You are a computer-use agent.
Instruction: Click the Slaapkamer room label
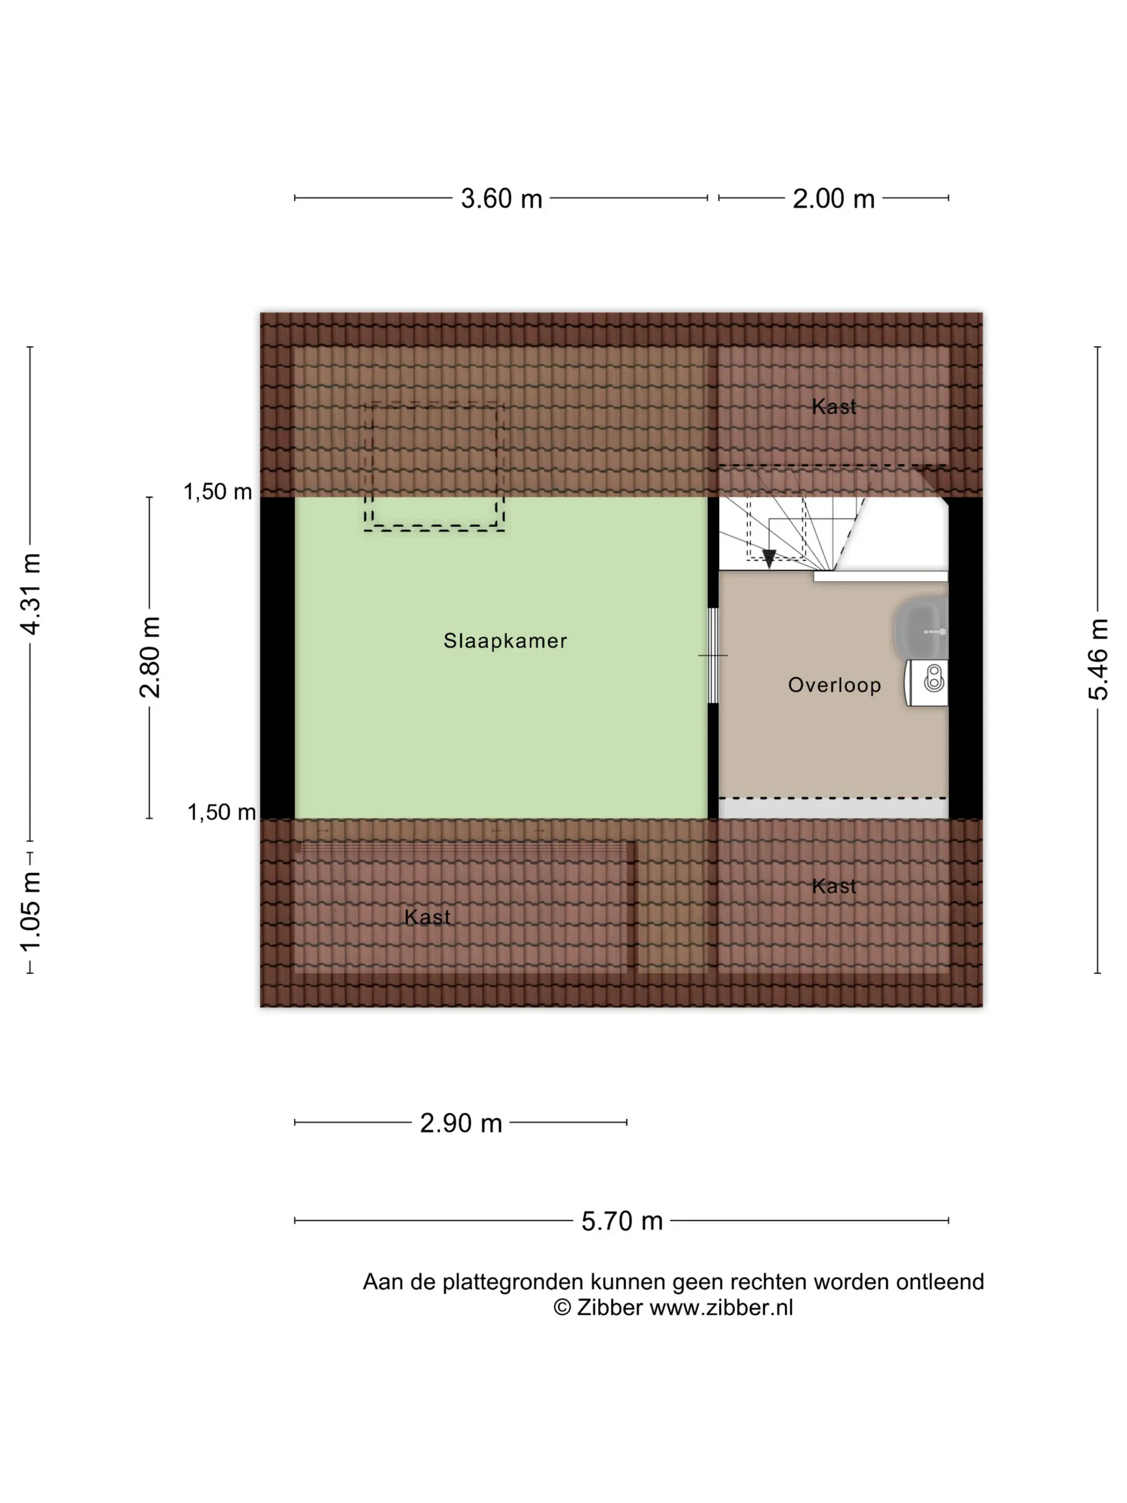point(505,641)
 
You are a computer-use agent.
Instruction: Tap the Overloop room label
point(834,685)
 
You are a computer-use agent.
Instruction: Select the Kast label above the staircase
point(833,407)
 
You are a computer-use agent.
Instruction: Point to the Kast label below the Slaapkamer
point(427,917)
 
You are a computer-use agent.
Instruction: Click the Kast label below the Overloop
point(833,886)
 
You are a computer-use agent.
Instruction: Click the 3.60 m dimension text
point(501,199)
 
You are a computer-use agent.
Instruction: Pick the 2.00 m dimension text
point(833,199)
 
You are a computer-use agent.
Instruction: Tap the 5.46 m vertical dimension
point(1098,659)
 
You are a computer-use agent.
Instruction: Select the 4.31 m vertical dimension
point(31,594)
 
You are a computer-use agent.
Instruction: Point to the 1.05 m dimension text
point(31,912)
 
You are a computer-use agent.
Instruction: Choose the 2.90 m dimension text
point(460,1123)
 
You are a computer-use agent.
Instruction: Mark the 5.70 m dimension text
point(621,1221)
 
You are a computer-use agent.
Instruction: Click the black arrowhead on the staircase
point(769,559)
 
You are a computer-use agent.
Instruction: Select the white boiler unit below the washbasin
point(927,682)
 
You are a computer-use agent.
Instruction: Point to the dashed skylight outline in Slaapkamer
point(434,467)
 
